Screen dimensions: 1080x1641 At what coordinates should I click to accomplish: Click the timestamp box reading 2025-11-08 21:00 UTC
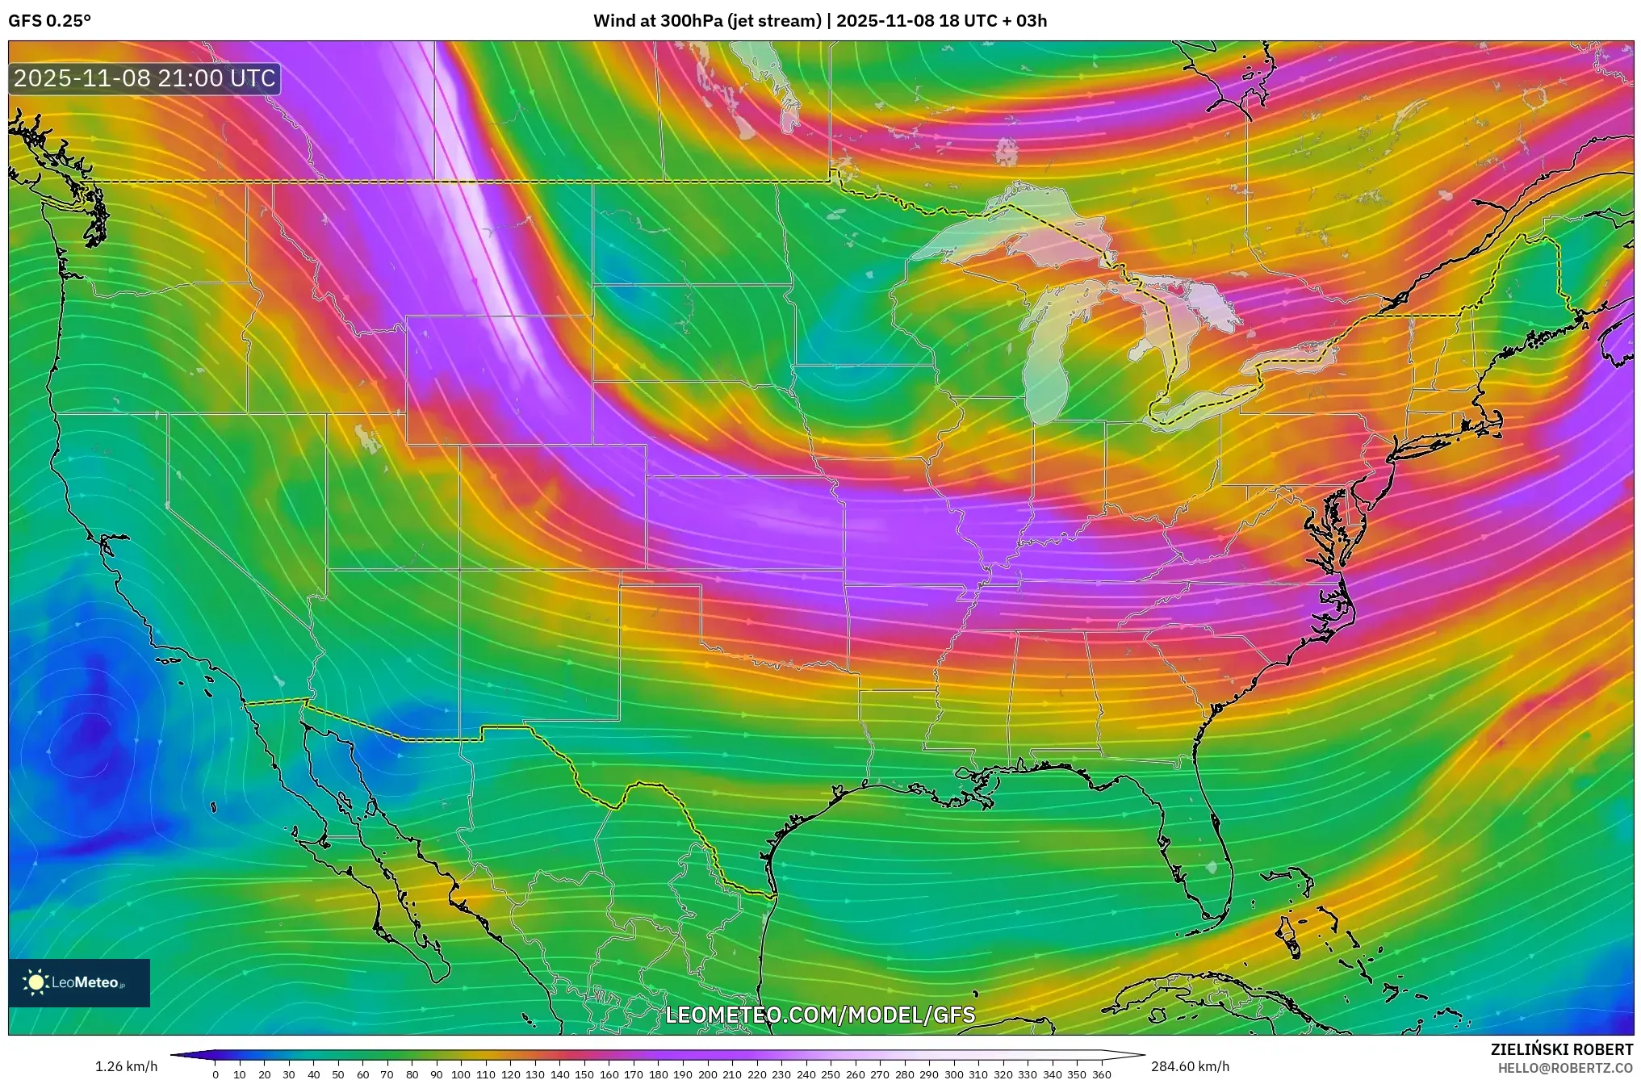tap(144, 78)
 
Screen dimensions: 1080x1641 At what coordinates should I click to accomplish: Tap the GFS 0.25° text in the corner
tap(49, 21)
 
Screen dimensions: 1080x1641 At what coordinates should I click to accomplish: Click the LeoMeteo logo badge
tap(79, 982)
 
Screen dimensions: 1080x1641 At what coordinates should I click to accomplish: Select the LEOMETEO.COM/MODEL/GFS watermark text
tap(820, 1015)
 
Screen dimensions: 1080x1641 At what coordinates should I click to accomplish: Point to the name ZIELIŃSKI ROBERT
tap(1561, 1050)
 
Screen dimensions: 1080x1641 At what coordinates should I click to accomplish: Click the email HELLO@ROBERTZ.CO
tap(1565, 1068)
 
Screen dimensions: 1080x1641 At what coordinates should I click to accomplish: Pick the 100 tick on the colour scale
tap(461, 1074)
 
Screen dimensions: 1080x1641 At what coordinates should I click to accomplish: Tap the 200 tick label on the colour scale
tap(707, 1074)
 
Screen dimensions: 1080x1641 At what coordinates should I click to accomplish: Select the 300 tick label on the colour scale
tap(953, 1074)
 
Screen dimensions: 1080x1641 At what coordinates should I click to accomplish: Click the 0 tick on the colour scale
tap(216, 1074)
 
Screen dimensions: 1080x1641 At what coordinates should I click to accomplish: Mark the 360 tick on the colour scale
tap(1101, 1074)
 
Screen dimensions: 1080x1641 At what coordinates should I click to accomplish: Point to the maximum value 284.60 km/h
tap(1190, 1066)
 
